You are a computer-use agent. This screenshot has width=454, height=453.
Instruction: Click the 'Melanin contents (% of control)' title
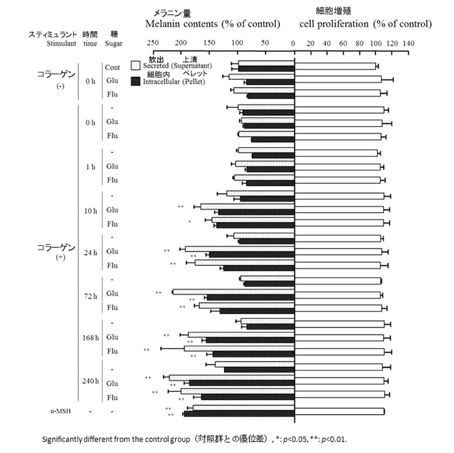212,24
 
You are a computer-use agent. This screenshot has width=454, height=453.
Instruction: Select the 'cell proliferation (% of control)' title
365,24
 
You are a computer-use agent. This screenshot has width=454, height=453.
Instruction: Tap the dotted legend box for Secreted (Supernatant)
135,64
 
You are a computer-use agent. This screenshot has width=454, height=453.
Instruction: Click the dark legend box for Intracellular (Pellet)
135,81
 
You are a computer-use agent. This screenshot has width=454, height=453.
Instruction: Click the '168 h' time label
90,337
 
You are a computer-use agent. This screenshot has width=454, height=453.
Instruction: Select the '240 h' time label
90,381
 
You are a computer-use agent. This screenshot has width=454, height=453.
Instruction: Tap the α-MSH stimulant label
60,411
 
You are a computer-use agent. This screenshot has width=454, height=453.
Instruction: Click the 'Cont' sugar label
112,67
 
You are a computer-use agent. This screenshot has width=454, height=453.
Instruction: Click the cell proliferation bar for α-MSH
339,411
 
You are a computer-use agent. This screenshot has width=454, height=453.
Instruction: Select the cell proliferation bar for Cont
335,66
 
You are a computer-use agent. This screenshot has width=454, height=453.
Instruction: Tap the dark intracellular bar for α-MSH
239,414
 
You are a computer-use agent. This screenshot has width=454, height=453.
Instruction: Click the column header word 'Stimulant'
61,44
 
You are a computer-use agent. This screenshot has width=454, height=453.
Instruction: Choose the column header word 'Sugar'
113,44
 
